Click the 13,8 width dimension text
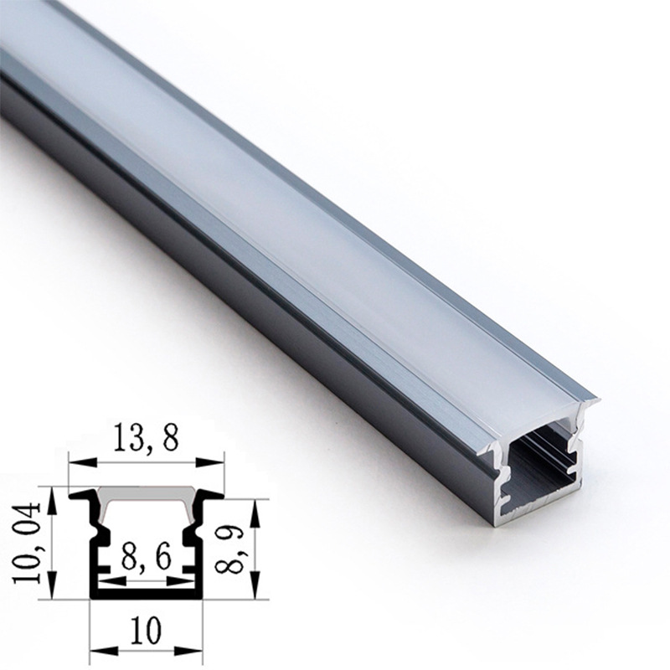(x=147, y=439)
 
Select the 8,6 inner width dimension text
(x=147, y=555)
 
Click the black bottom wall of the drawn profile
(x=147, y=593)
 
